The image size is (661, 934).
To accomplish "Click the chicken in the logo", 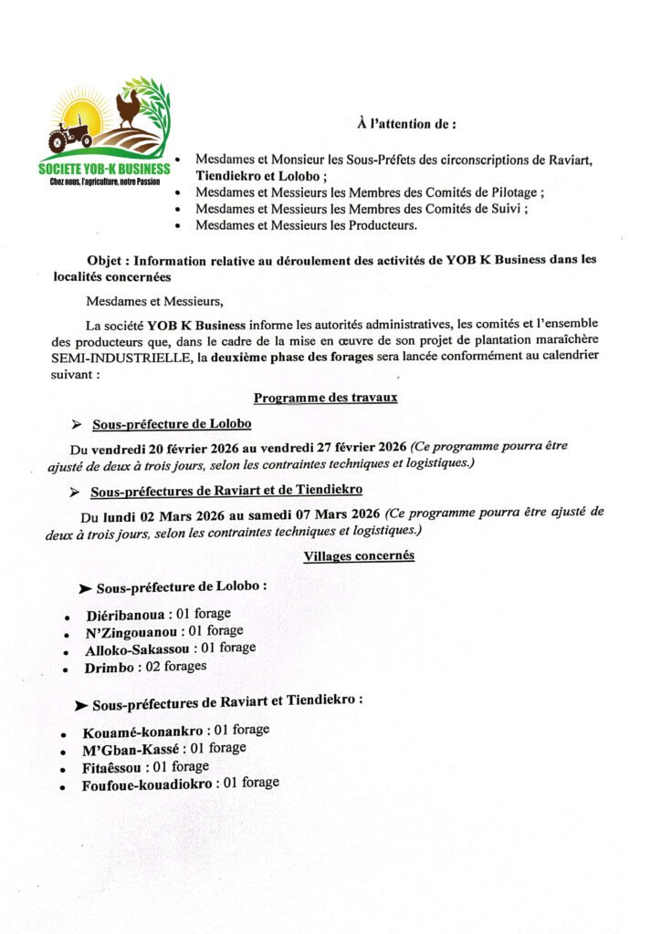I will point(130,107).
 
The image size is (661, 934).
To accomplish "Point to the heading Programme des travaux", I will point(325,398).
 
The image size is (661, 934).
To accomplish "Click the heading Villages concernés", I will point(359,555).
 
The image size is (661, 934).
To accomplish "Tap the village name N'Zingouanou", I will point(131,630).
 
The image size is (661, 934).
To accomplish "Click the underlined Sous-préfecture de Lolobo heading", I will point(172,424).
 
